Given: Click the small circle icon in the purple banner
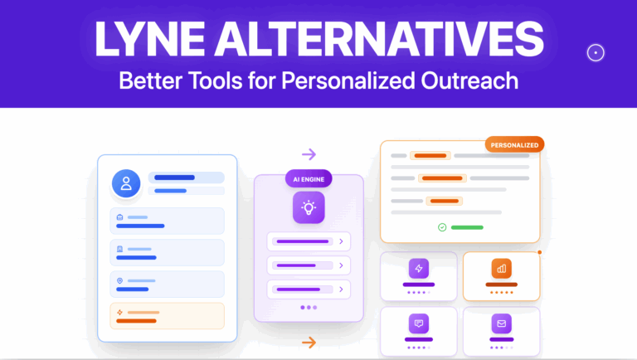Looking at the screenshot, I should (x=595, y=52).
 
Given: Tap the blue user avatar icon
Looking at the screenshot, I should (x=127, y=183).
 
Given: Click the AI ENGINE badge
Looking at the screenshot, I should (x=308, y=178).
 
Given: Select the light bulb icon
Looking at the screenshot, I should (x=308, y=207).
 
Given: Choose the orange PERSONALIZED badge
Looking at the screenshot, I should (x=514, y=145).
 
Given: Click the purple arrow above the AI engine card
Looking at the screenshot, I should (x=309, y=154).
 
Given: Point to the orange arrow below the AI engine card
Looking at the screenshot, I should (x=309, y=342).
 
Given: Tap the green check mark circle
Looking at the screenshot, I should (x=442, y=226).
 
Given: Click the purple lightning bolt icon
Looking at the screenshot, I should (x=419, y=269).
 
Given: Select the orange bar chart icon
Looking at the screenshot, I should (x=501, y=269).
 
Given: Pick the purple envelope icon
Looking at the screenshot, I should (x=501, y=322).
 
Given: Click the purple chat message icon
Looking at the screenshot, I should (x=419, y=322).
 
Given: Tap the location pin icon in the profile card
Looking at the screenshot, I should (x=120, y=280).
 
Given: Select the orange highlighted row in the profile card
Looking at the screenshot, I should (x=167, y=316).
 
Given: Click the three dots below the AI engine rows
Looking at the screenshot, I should (x=308, y=308).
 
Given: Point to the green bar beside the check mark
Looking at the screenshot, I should (x=467, y=226).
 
